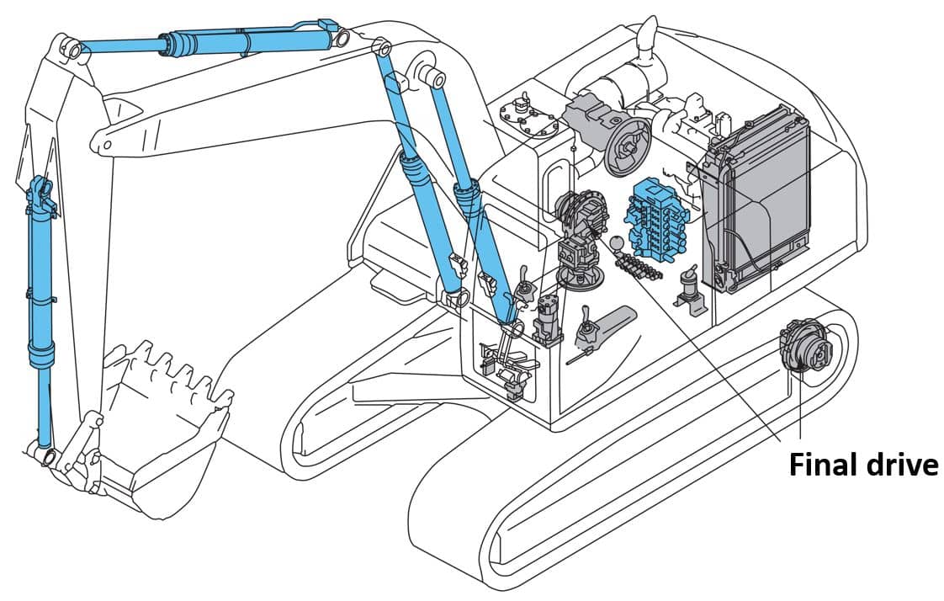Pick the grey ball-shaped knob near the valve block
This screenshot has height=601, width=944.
pos(616,244)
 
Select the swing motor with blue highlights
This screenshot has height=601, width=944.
pos(580,219)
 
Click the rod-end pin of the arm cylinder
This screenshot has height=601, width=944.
pos(73,50)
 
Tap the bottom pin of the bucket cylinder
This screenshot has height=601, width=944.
pos(46,455)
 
